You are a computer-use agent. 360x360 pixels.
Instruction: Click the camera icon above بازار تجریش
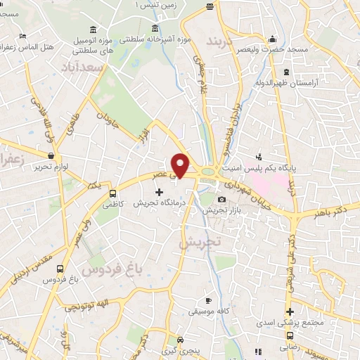click(x=222, y=200)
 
